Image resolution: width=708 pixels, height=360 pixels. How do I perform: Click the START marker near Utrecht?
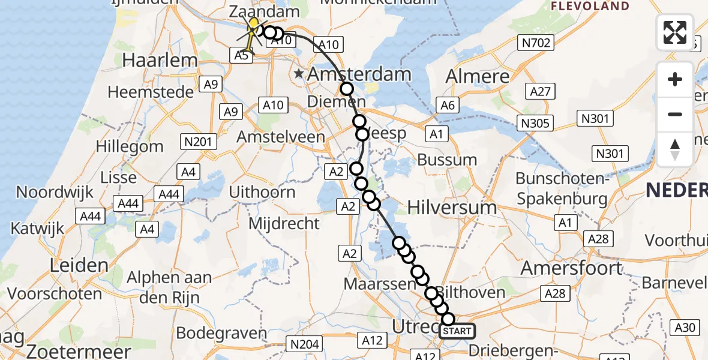click(458, 331)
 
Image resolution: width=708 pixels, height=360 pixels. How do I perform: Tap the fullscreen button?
click(675, 32)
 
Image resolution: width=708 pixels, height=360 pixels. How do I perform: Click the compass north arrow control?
click(675, 149)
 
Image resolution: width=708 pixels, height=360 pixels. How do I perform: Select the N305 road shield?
click(536, 123)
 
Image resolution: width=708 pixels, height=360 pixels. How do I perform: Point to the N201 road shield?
click(198, 142)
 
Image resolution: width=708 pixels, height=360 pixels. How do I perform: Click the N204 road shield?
click(305, 344)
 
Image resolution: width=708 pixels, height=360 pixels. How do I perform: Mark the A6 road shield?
click(448, 105)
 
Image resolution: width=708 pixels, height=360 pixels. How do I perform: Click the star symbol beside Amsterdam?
click(299, 74)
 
